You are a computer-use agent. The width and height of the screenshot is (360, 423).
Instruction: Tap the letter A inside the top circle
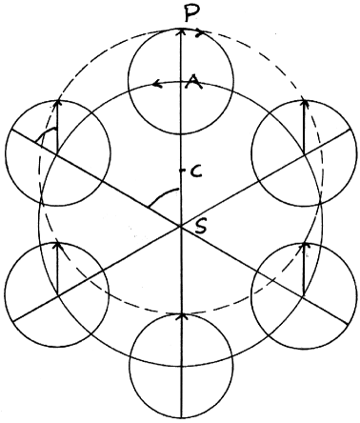(x=193, y=84)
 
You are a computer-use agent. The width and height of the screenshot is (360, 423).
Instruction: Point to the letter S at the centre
(x=197, y=226)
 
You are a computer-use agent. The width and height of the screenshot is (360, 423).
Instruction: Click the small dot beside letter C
(x=181, y=171)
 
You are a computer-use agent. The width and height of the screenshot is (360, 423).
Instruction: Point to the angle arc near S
(x=160, y=197)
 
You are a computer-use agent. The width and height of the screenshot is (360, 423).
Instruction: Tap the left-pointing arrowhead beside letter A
(x=156, y=85)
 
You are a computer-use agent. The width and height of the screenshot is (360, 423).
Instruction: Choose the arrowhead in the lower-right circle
(x=304, y=247)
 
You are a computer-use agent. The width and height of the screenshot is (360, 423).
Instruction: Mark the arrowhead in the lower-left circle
(x=57, y=245)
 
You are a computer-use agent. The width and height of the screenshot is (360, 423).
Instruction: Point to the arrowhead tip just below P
(x=180, y=30)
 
